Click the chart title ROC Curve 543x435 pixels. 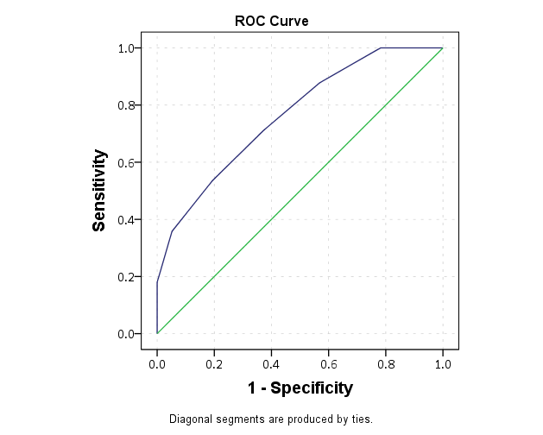click(272, 20)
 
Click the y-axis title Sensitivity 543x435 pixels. click(99, 191)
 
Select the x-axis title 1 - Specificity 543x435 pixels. click(300, 388)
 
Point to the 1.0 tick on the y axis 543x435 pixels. click(124, 48)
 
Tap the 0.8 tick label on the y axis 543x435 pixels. click(124, 105)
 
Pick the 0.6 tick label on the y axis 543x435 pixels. click(124, 162)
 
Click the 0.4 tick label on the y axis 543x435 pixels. click(124, 219)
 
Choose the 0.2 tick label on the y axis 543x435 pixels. click(124, 277)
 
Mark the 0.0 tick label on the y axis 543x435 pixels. click(124, 334)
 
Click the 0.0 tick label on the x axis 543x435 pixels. click(157, 364)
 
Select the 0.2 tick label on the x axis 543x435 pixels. click(214, 364)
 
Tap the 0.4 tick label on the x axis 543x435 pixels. click(271, 364)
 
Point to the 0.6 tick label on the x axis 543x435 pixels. click(328, 364)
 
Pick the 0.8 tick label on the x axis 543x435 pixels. click(386, 364)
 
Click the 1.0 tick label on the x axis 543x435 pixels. click(443, 364)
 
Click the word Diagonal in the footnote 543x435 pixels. click(190, 419)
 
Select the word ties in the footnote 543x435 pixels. click(360, 419)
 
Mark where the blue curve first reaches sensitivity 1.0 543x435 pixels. click(381, 48)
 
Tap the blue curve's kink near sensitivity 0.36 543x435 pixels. click(172, 231)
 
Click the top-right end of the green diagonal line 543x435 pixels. click(443, 48)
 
